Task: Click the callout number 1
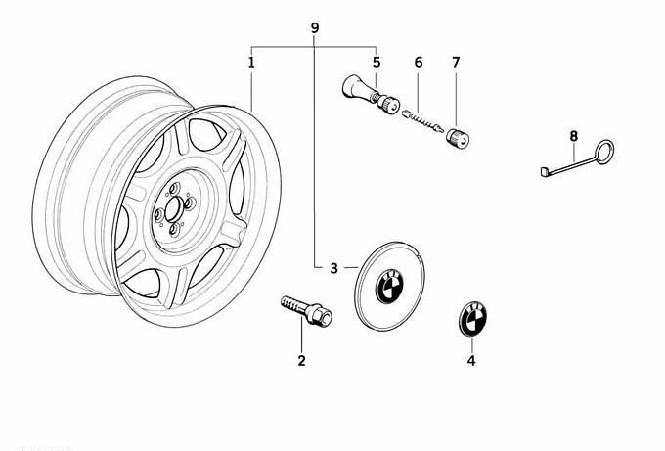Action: (x=251, y=63)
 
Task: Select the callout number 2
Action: (x=301, y=360)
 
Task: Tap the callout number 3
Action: (x=333, y=268)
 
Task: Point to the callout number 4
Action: (x=471, y=360)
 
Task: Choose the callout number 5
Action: (x=377, y=63)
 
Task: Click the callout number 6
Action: (x=418, y=63)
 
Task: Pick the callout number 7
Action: (x=456, y=63)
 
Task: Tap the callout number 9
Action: (x=314, y=28)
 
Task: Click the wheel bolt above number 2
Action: (x=304, y=308)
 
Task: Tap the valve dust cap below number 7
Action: (x=456, y=138)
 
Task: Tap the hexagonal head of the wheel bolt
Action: (x=320, y=316)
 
